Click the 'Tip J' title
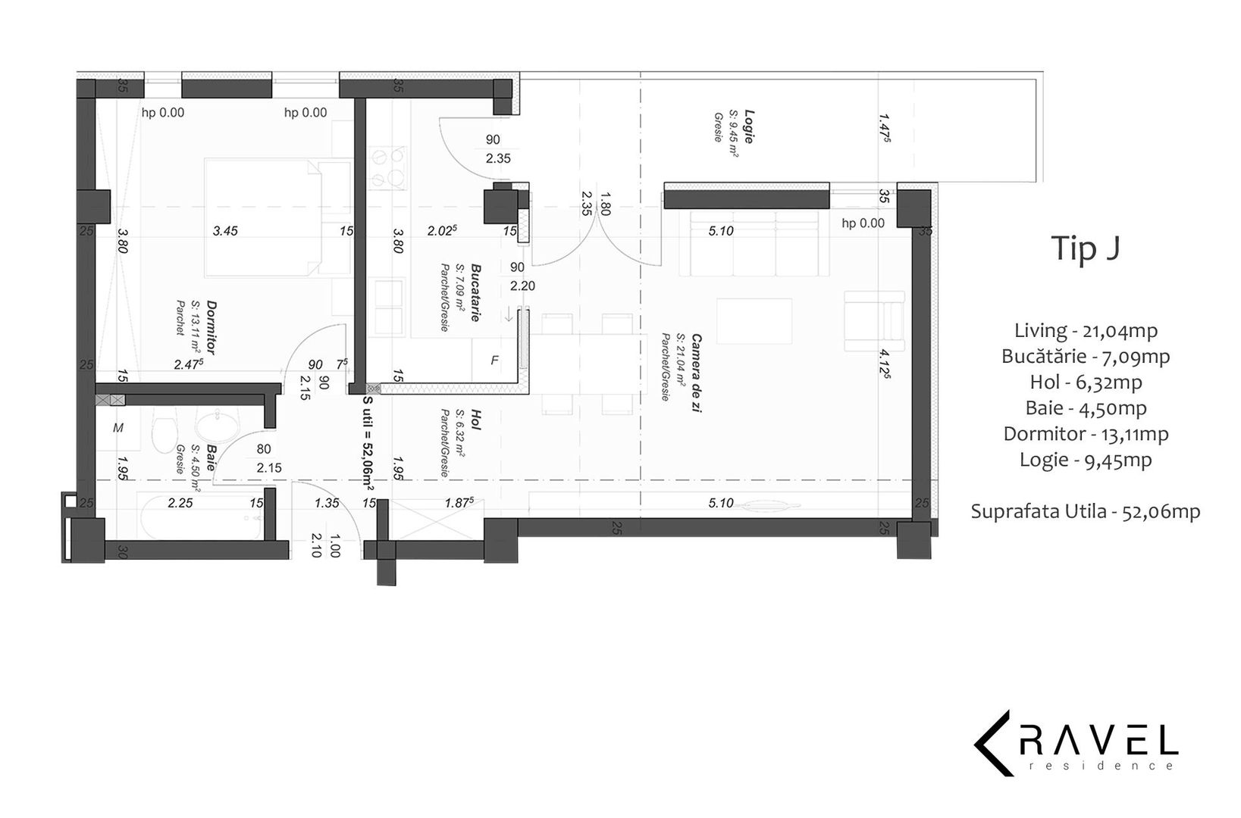(x=1086, y=248)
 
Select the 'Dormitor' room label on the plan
(x=211, y=328)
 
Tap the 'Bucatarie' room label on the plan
(x=475, y=293)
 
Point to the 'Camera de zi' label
(x=697, y=373)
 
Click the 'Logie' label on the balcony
(x=748, y=126)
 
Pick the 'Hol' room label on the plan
(x=475, y=420)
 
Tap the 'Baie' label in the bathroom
(x=211, y=457)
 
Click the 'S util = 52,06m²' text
(x=368, y=443)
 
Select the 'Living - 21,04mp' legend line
(x=1086, y=330)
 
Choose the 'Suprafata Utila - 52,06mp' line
(x=1086, y=511)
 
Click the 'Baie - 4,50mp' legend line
(x=1086, y=408)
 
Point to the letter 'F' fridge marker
(x=495, y=361)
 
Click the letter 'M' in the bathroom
(x=118, y=428)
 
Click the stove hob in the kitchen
(x=388, y=167)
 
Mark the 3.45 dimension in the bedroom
(x=225, y=231)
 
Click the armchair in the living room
(x=874, y=321)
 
